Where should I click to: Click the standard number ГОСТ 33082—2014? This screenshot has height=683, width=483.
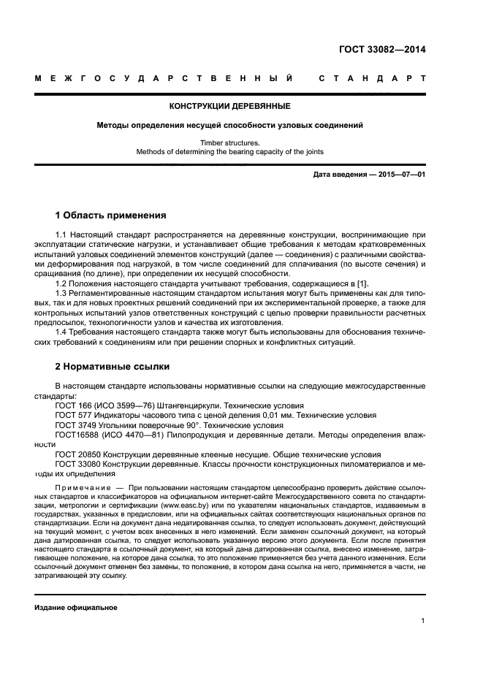click(x=382, y=50)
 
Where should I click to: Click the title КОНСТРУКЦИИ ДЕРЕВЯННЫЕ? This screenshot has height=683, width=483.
click(x=230, y=106)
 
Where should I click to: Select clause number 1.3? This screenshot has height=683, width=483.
click(x=61, y=292)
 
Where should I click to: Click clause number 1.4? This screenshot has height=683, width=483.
click(x=61, y=333)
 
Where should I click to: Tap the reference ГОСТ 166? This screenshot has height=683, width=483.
click(x=74, y=405)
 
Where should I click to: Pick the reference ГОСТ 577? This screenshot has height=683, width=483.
click(x=74, y=415)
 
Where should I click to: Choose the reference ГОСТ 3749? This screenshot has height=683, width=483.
click(x=76, y=424)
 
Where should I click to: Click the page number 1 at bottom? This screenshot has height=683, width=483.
click(x=423, y=620)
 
